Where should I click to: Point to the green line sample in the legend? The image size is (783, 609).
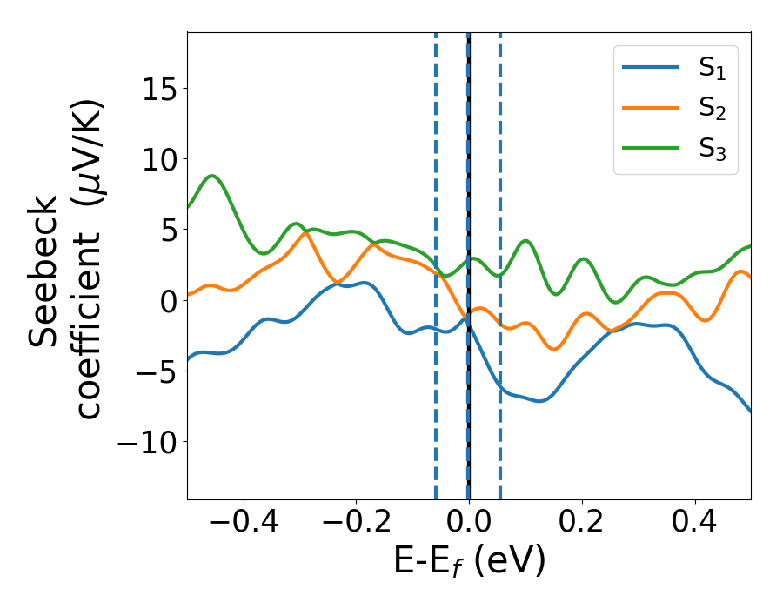point(651,147)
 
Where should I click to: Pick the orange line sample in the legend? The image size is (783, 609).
point(651,108)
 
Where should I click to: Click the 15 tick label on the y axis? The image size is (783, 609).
point(156,89)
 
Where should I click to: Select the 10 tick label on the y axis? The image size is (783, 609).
point(156,160)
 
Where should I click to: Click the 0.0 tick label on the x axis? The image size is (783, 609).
point(469,525)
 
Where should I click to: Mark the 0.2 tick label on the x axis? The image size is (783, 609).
point(582,525)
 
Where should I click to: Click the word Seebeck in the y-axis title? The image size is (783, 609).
point(43,271)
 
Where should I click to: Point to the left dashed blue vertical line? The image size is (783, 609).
point(436,391)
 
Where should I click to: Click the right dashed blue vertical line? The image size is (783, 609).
point(500,391)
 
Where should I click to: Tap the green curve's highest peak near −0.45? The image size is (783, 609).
point(212,176)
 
